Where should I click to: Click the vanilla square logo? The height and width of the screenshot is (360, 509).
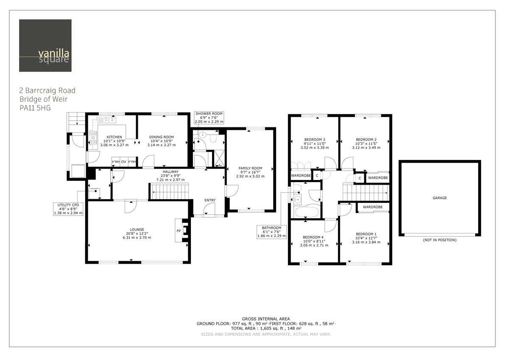(x=45, y=46)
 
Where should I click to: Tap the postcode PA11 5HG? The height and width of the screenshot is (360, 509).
(x=35, y=108)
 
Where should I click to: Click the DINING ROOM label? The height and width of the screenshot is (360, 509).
(x=162, y=137)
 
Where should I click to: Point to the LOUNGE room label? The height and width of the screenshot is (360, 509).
(x=137, y=229)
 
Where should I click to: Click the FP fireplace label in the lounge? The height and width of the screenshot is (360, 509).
(x=179, y=231)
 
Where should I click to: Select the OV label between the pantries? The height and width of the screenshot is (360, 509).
(x=123, y=162)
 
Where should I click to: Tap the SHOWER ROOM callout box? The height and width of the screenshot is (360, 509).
(x=209, y=118)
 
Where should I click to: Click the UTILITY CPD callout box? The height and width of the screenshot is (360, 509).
(x=68, y=209)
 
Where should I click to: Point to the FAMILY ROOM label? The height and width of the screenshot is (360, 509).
(x=250, y=168)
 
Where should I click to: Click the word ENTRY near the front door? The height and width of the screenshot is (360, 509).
(x=210, y=200)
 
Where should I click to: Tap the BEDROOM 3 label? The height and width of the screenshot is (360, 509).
(x=315, y=139)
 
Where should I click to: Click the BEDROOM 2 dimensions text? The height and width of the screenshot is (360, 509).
(x=366, y=148)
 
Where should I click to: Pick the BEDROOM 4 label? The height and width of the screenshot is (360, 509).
(x=313, y=237)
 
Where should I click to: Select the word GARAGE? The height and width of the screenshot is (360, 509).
(x=439, y=198)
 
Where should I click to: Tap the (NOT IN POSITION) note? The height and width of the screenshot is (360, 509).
(x=439, y=240)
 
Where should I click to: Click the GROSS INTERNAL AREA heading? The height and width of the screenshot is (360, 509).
(x=266, y=319)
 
